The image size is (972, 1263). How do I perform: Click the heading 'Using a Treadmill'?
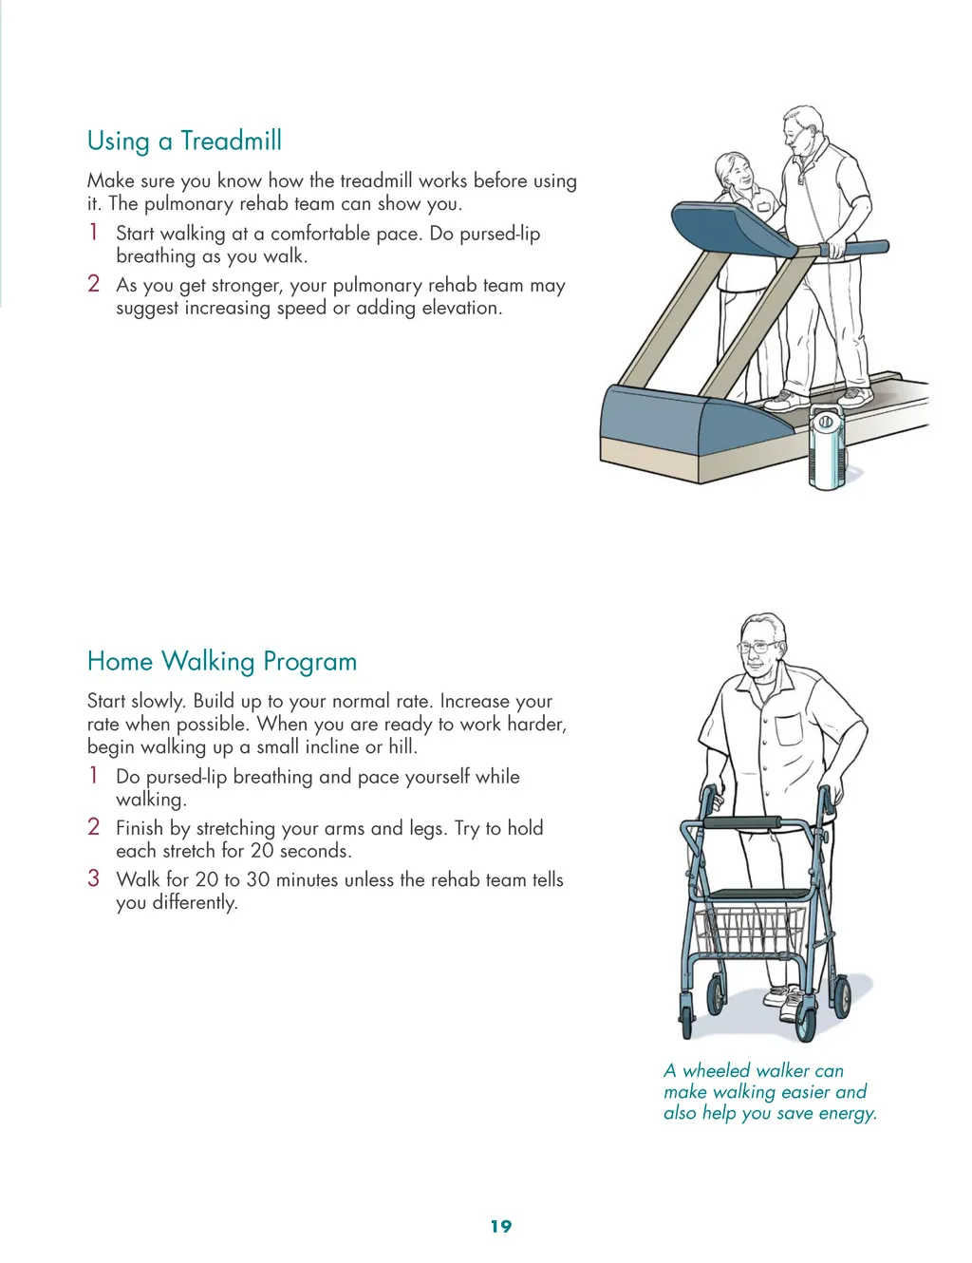click(184, 141)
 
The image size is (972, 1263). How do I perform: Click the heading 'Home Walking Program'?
click(222, 662)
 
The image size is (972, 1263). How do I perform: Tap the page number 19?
click(501, 1226)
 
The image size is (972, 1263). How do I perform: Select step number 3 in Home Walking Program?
click(93, 878)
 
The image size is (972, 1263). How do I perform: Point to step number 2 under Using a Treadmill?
click(93, 284)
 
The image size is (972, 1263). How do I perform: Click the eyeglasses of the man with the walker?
click(757, 648)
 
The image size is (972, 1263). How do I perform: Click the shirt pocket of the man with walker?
click(790, 728)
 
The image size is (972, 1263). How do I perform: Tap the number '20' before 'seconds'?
click(263, 851)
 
